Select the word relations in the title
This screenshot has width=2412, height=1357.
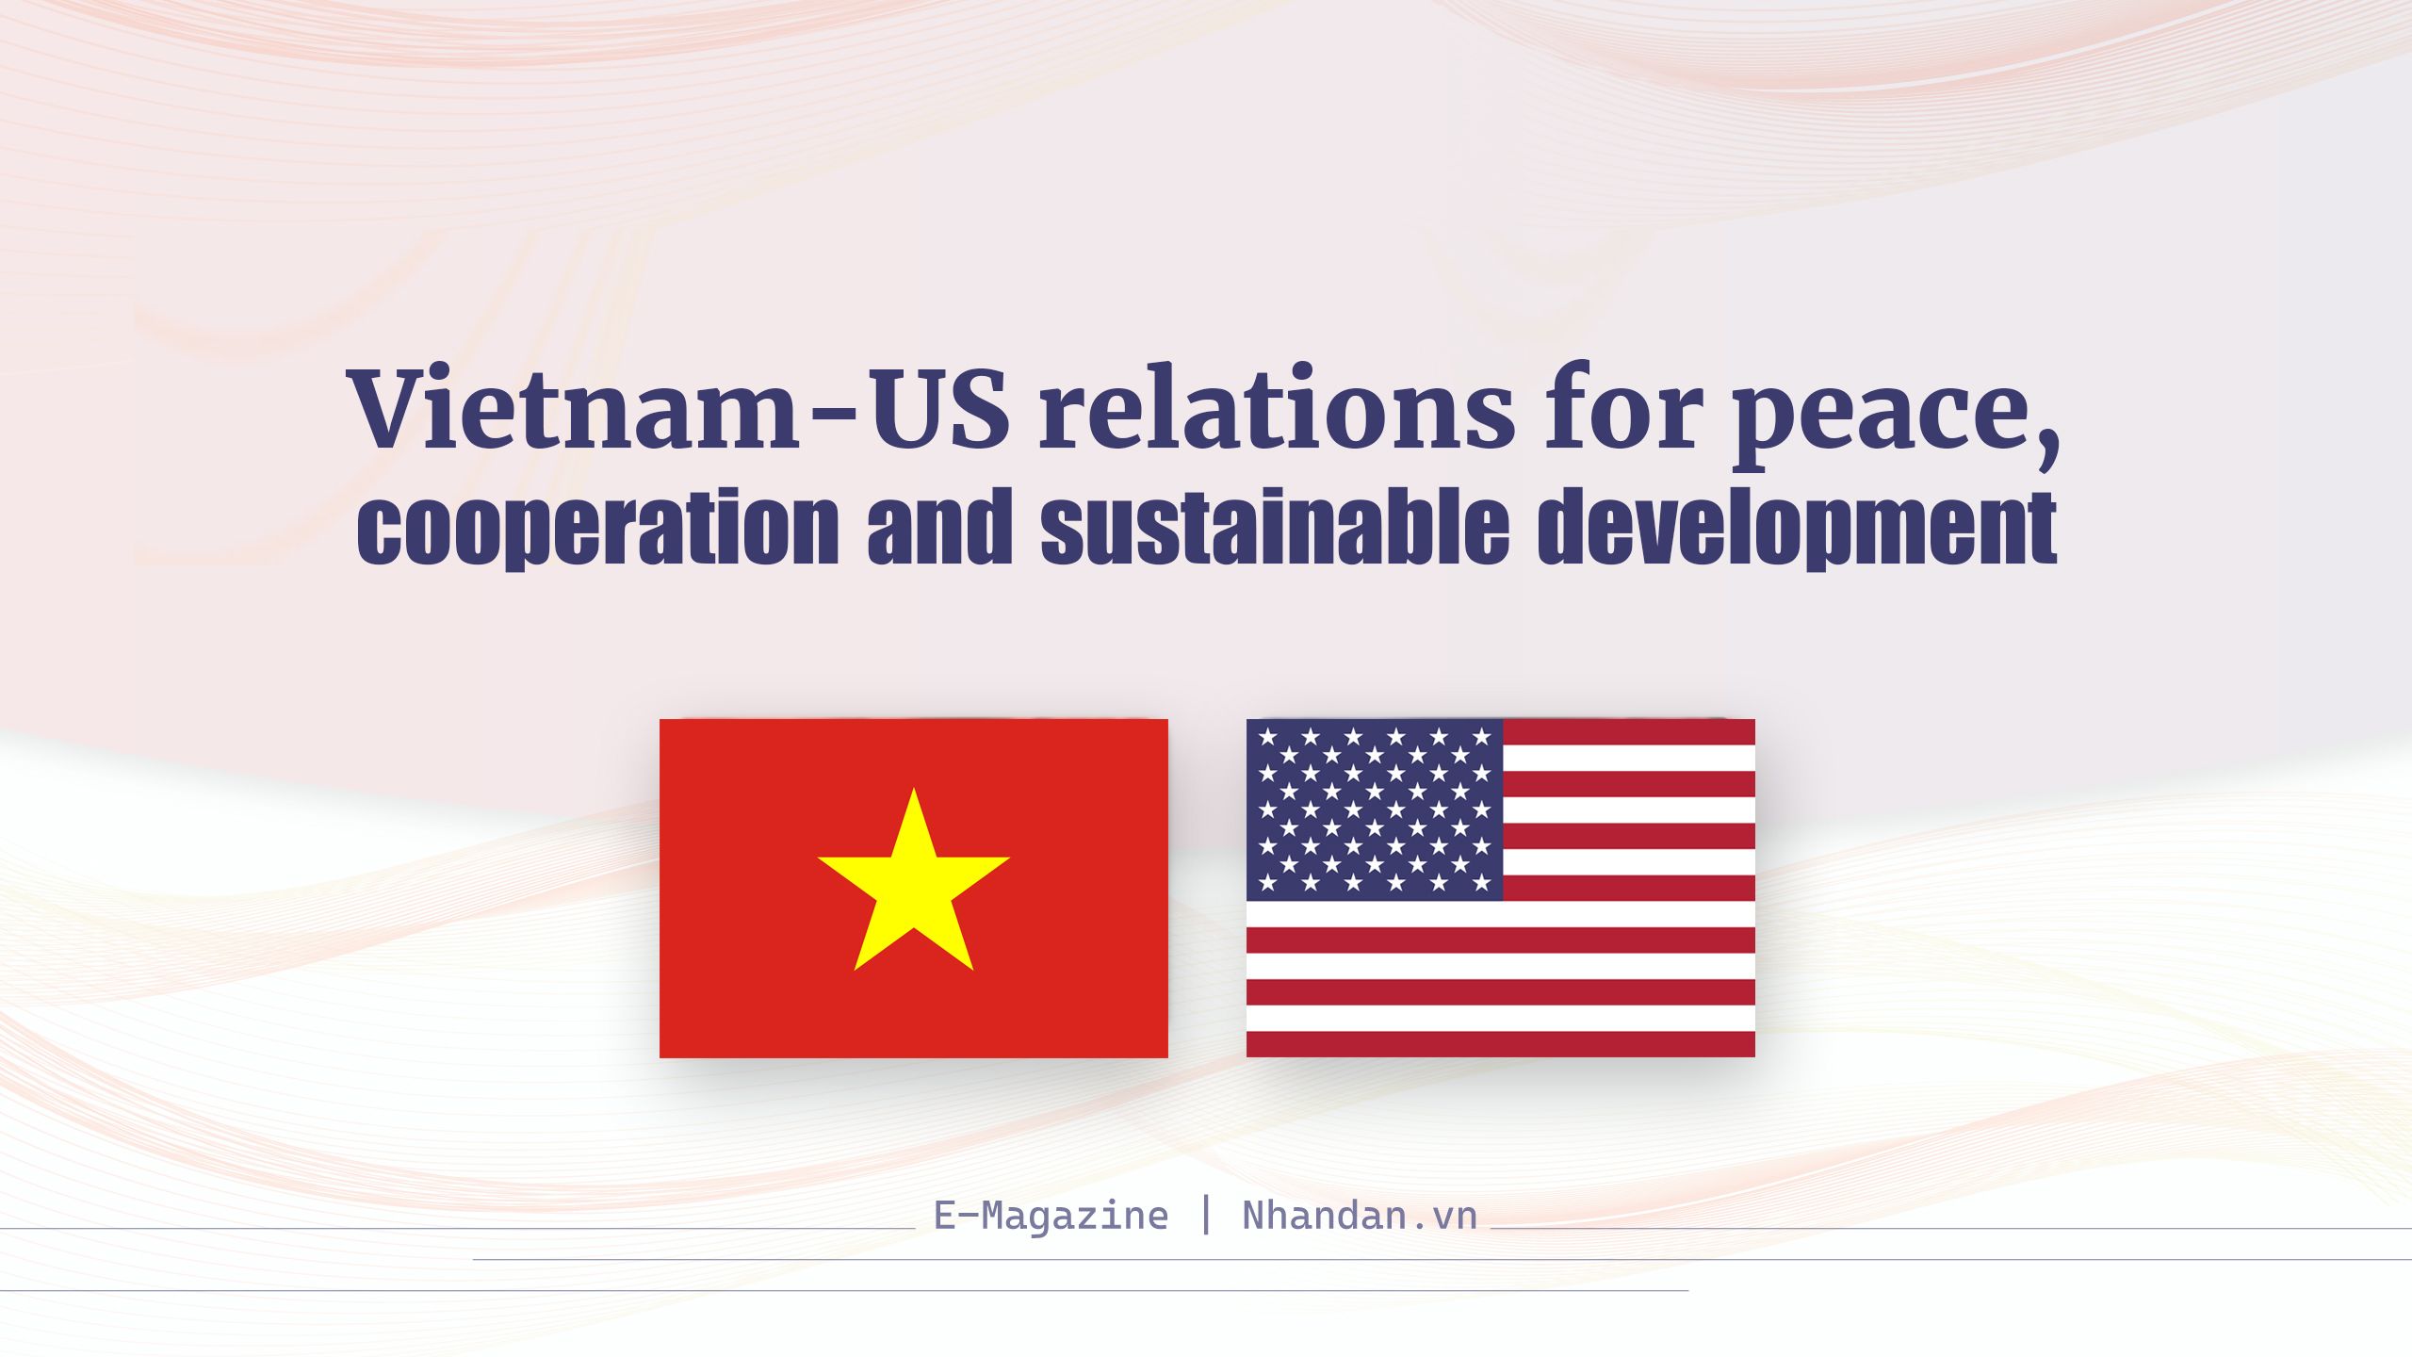(x=1277, y=407)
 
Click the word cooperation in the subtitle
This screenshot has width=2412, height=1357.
(x=597, y=527)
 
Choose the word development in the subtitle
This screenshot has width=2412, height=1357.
(x=1797, y=527)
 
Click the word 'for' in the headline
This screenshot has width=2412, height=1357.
(x=1622, y=407)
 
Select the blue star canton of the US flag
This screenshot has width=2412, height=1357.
(x=1375, y=809)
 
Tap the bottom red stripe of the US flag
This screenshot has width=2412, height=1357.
(x=1501, y=1044)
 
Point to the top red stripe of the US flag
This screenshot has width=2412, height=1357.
(x=1629, y=732)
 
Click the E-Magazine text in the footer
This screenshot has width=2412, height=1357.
(x=1051, y=1216)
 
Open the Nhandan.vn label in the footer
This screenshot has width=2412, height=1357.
(x=1360, y=1216)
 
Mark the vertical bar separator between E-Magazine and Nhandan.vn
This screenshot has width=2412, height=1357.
(x=1206, y=1215)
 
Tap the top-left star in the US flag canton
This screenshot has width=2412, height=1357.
(x=1268, y=736)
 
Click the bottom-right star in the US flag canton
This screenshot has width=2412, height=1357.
(x=1481, y=883)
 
